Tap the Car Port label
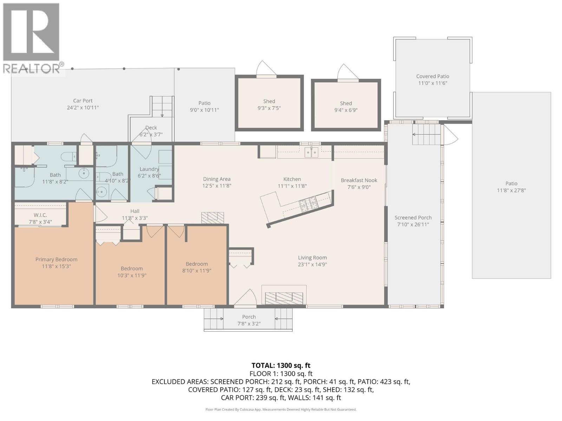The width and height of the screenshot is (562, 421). click(83, 101)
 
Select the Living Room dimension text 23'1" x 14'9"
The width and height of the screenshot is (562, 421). click(312, 265)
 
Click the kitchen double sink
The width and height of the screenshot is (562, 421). click(311, 152)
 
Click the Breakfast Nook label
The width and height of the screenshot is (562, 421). click(359, 180)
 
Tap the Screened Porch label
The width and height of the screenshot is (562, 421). click(413, 218)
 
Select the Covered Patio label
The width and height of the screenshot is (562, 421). click(433, 76)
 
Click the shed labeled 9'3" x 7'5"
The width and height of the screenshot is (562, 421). click(269, 103)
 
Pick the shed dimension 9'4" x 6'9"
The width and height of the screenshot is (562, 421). click(346, 110)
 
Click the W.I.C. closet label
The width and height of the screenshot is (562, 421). click(40, 215)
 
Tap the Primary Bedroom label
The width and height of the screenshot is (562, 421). click(56, 260)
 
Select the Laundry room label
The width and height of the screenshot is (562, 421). click(149, 169)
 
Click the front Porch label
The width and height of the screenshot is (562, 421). click(249, 317)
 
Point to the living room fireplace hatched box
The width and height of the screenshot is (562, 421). click(284, 298)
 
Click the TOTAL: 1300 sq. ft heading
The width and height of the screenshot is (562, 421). click(281, 366)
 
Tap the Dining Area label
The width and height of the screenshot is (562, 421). click(217, 179)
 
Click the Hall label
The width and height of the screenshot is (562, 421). click(135, 211)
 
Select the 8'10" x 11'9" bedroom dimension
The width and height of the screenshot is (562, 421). click(197, 271)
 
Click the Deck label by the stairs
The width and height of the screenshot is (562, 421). click(151, 128)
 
